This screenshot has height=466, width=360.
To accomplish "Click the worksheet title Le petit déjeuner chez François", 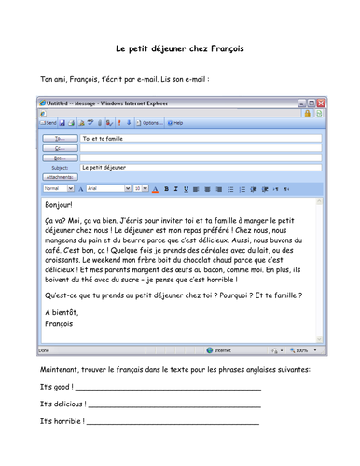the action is pyautogui.click(x=179, y=48).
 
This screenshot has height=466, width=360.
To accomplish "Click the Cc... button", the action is pyautogui.click(x=59, y=147).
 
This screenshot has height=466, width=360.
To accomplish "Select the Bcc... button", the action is pyautogui.click(x=59, y=158).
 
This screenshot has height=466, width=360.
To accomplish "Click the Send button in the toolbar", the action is pyautogui.click(x=48, y=122).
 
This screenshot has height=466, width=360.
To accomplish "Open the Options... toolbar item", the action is pyautogui.click(x=151, y=122).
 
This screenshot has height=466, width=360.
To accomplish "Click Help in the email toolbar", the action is pyautogui.click(x=175, y=122).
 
